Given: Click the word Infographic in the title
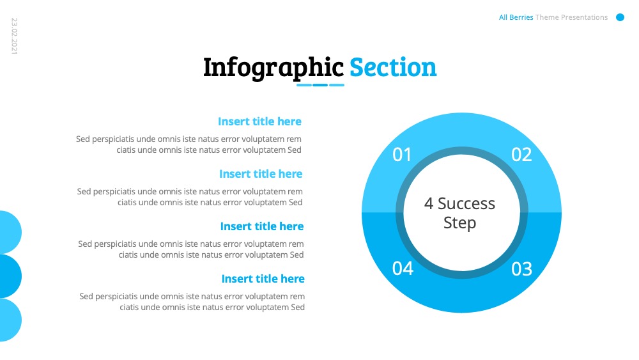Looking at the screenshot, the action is [273, 68].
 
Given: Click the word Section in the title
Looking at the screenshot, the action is [393, 67].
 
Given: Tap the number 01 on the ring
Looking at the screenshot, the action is [402, 155].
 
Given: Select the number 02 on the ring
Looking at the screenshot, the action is [521, 155].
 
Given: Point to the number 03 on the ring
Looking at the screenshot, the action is [521, 269].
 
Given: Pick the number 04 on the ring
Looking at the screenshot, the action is [403, 269].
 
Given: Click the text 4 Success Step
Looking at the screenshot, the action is [459, 213].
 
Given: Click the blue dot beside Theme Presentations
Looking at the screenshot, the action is [620, 17].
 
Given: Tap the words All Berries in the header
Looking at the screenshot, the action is [516, 17].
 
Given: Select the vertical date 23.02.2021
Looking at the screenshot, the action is [14, 36].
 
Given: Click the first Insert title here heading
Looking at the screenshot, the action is [259, 121].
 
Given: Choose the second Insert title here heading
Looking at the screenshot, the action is [261, 174].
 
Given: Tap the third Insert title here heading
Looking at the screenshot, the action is [262, 226].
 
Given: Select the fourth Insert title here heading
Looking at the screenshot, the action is [263, 279].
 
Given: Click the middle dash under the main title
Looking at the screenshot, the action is [320, 85].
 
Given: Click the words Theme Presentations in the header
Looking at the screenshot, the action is [571, 17].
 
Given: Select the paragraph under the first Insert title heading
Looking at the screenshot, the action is [189, 145].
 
